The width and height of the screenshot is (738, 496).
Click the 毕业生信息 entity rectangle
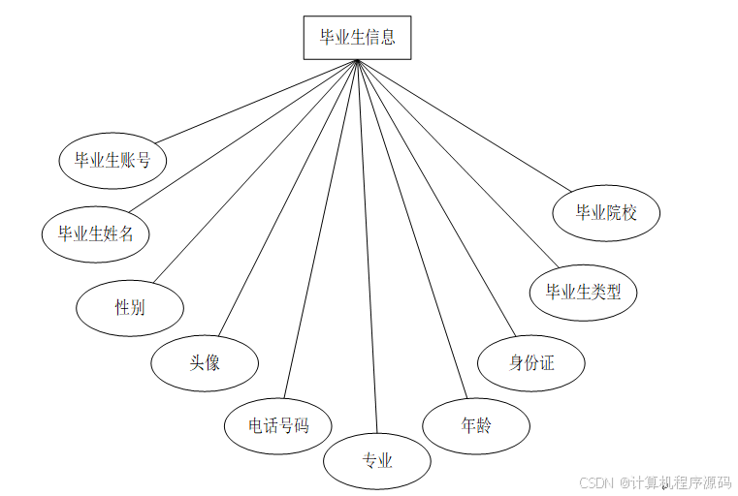pos(357,38)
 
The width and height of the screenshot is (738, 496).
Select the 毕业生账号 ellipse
pos(112,160)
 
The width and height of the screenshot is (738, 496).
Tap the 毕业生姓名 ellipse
pos(96,232)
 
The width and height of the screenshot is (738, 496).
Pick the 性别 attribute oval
pos(130,307)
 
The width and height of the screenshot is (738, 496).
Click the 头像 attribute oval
pos(205,362)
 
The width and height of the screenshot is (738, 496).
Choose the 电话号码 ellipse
pos(278,424)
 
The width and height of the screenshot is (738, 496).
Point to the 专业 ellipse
pos(376,460)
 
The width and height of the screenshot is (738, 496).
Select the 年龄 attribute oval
pos(476,425)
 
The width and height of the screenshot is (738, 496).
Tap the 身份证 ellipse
pos(531,363)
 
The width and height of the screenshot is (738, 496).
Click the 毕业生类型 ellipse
pos(583,291)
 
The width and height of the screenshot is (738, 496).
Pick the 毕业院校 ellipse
pos(606,212)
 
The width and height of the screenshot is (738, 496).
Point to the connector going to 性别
pos(258,170)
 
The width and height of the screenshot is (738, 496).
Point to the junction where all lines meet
pos(358,62)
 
